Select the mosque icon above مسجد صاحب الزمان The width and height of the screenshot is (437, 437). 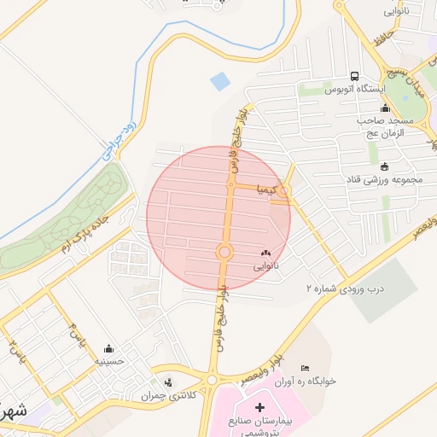coord(385,108)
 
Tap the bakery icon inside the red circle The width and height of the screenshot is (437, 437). coord(265,253)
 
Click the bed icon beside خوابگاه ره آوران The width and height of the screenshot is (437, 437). coord(305,368)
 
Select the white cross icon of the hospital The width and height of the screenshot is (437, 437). coord(259,408)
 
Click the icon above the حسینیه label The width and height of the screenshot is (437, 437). coord(108,349)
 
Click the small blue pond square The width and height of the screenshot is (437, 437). coord(220,83)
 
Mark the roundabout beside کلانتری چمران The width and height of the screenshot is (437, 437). coord(212,379)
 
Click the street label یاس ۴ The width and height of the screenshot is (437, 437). coord(76,333)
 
